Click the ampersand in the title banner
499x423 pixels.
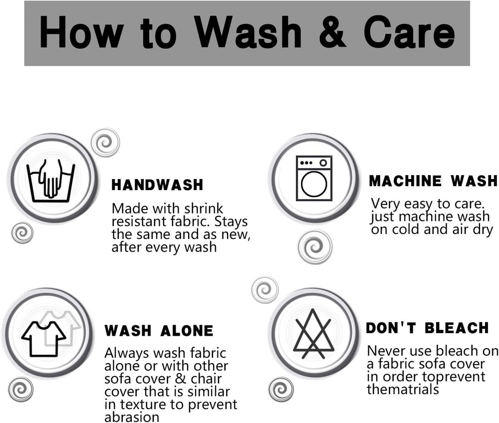point(332,32)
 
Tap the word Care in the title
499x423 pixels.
point(409,32)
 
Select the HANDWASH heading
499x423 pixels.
point(157,185)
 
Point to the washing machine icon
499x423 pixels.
point(314,178)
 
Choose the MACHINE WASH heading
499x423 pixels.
point(433,181)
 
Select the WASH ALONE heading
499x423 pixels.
point(159,331)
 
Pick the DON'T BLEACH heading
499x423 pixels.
point(427,328)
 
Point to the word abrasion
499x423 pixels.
point(132,417)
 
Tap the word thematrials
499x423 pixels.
point(403,389)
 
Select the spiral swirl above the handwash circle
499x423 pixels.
point(105,143)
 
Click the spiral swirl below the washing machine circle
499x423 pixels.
point(315,247)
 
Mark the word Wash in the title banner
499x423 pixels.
point(248,32)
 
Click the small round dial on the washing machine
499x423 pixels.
point(323,163)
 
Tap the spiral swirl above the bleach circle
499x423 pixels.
point(265,290)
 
